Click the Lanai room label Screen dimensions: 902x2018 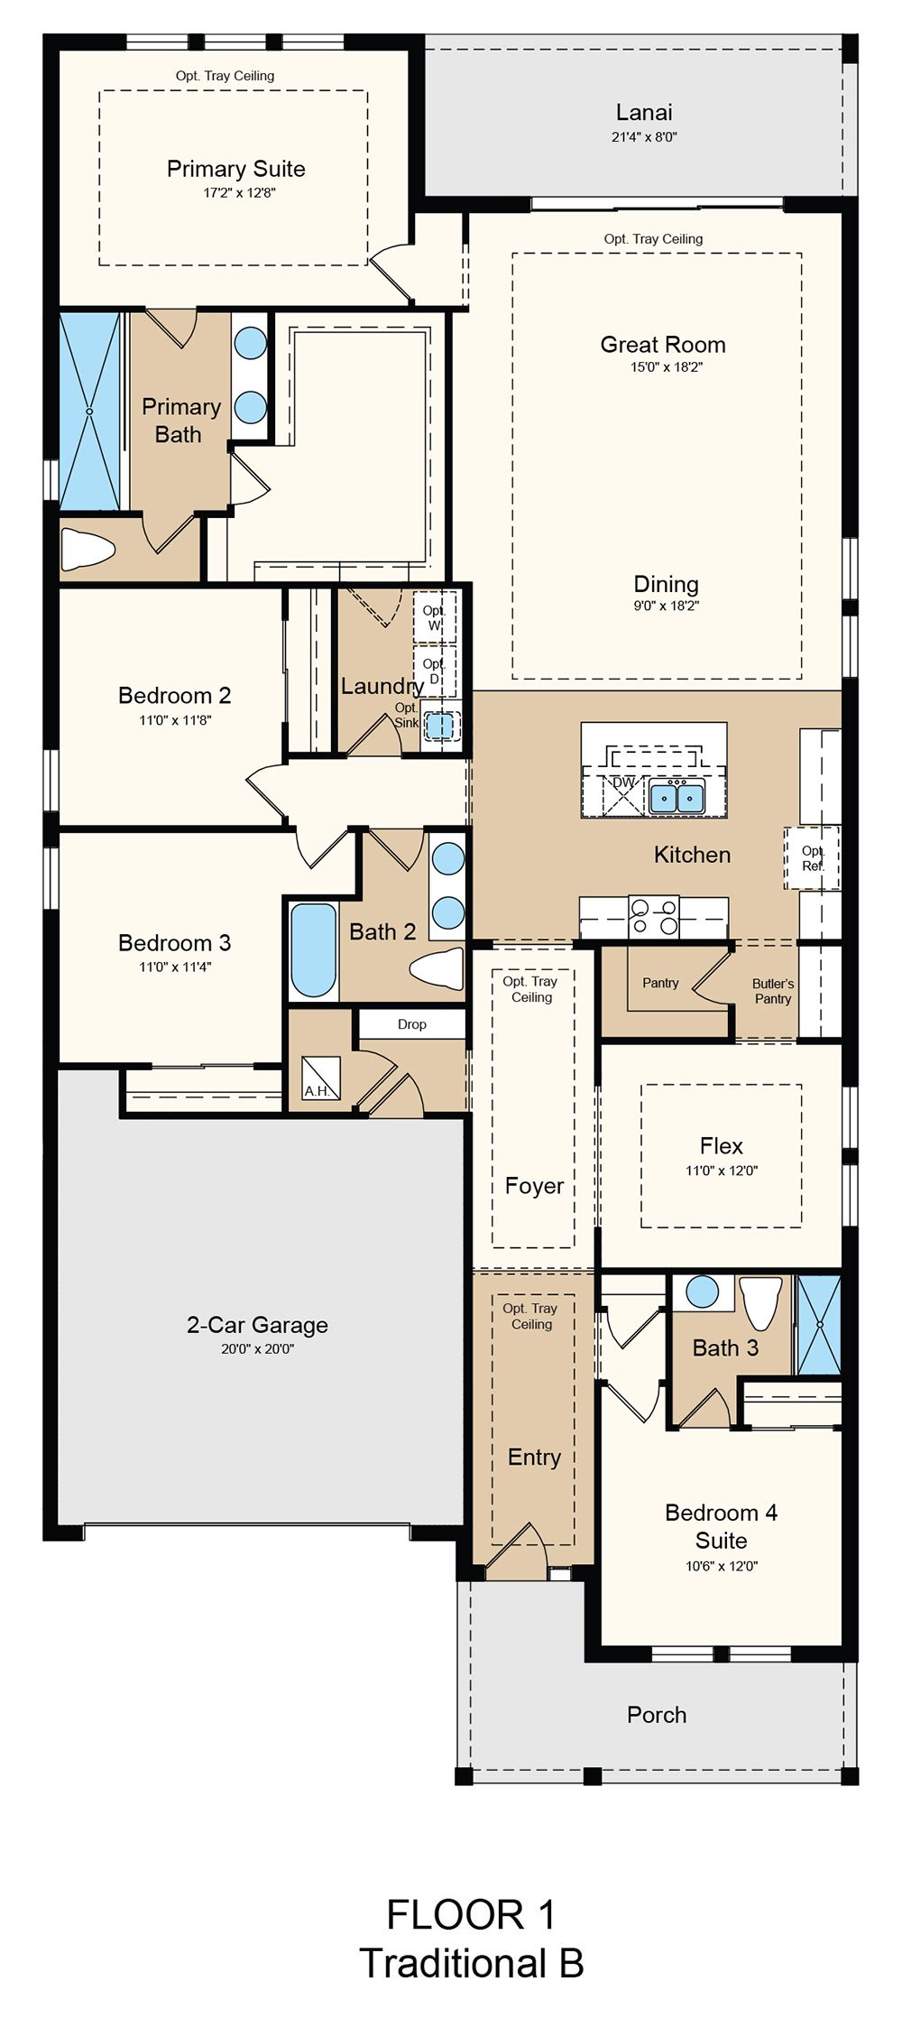pos(644,112)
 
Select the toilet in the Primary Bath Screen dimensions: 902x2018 pos(87,548)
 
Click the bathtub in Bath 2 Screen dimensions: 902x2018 pos(314,950)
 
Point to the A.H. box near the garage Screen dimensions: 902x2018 pos(321,1078)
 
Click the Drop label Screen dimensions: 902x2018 pos(412,1024)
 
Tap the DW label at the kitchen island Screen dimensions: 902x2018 pos(624,782)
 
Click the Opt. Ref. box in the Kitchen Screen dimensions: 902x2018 pos(812,858)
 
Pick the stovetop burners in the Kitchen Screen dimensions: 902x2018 pos(654,916)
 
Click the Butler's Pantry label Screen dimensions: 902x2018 pos(773,991)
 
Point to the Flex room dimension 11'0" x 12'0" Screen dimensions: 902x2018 pos(722,1171)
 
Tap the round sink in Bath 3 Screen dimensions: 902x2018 pos(702,1291)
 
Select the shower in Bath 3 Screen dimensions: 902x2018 pos(819,1325)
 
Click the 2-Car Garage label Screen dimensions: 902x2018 pos(257,1325)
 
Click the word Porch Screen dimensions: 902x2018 pos(657,1715)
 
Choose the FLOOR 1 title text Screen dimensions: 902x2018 pos(471,1915)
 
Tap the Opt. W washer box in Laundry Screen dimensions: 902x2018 pos(435,617)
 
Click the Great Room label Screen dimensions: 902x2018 pos(663,344)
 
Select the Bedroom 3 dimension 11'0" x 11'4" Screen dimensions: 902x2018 pos(175,967)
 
